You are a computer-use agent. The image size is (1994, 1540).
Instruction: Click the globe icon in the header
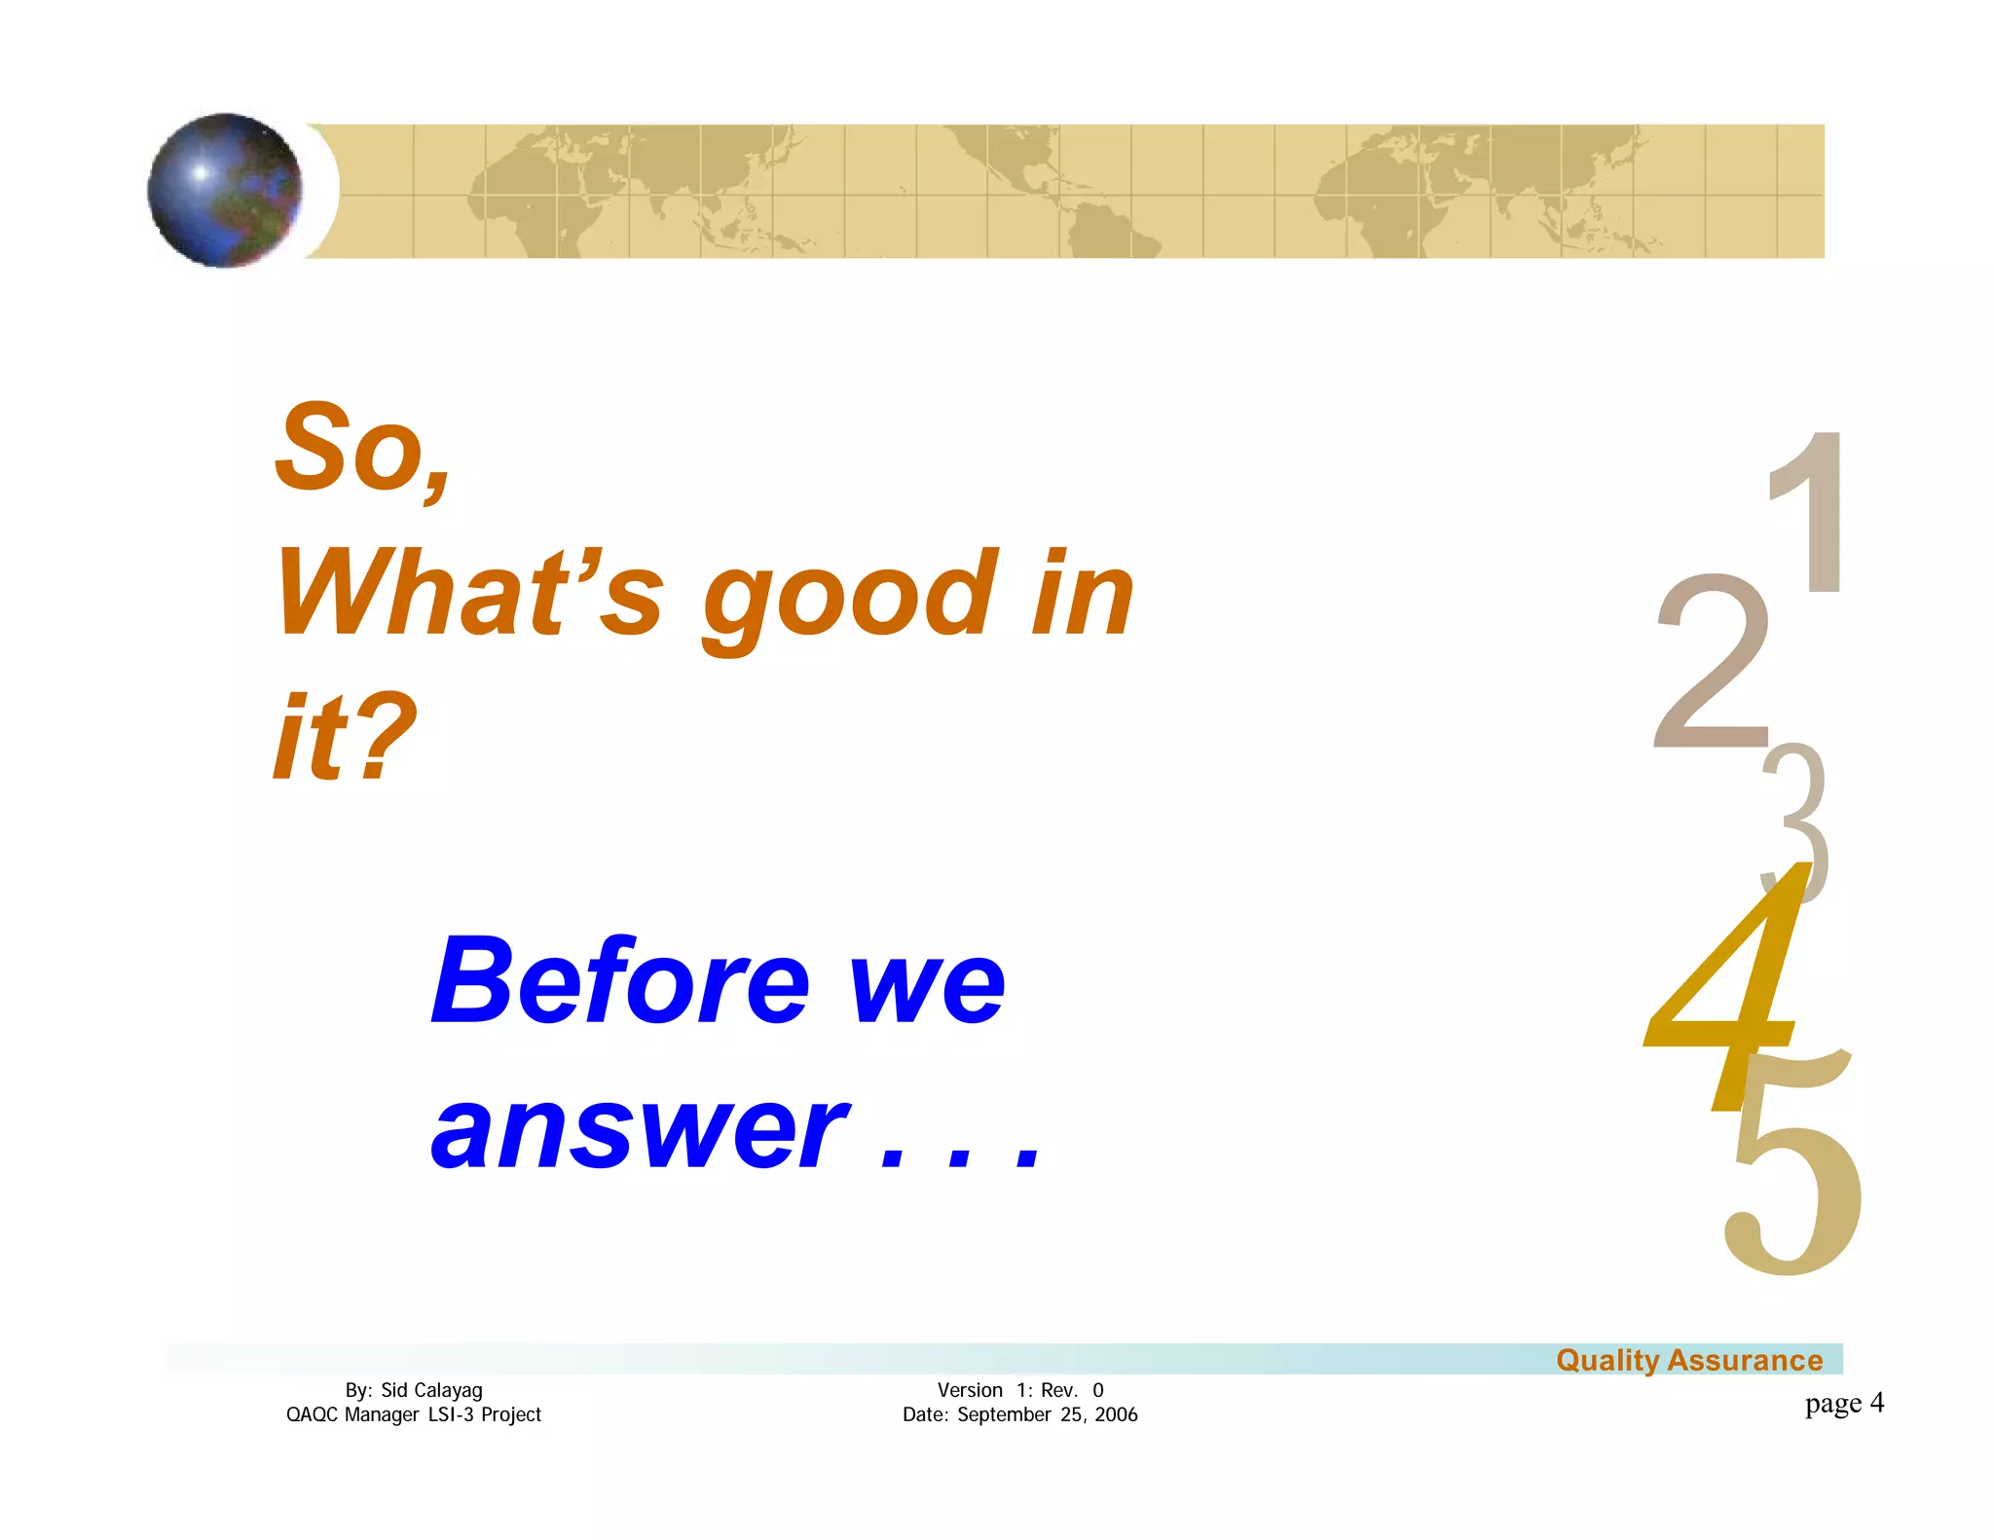[225, 190]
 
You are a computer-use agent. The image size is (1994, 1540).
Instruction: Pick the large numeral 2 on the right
[1712, 662]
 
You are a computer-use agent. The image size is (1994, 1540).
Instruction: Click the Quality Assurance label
[1688, 1360]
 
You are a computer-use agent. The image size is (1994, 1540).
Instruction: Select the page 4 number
[1844, 1403]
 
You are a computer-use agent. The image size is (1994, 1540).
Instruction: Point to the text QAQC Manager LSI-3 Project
[413, 1414]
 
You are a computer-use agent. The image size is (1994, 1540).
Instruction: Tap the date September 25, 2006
[1047, 1414]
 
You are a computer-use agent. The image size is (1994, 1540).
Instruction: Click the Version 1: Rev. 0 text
[1019, 1390]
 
